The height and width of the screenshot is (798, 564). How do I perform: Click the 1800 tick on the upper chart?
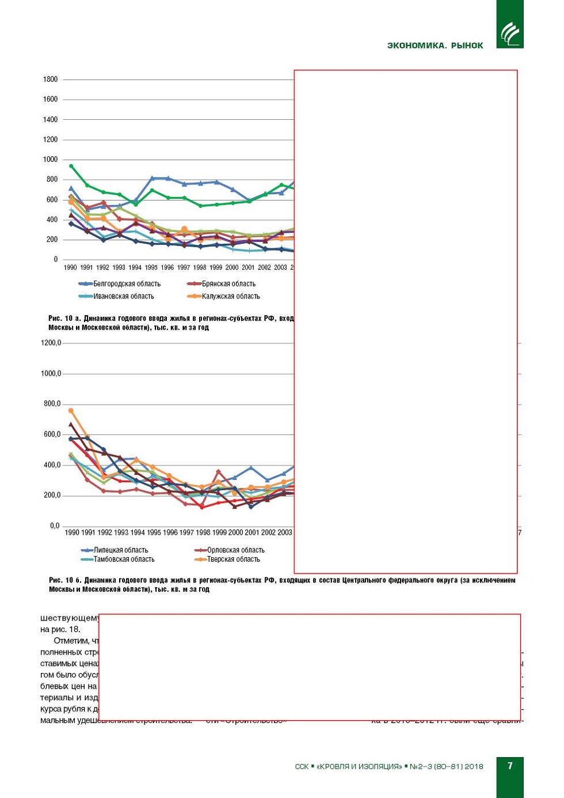[x=50, y=80]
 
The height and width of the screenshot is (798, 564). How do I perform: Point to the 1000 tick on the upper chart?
[x=50, y=160]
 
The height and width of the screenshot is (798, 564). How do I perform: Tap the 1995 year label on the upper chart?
[x=151, y=267]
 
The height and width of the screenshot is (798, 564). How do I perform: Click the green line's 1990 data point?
[x=71, y=166]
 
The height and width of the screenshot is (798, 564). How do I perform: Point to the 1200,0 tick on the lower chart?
[x=51, y=343]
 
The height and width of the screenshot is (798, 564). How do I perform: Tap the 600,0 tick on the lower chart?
[x=52, y=434]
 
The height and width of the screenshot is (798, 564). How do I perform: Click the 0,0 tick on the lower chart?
[x=55, y=525]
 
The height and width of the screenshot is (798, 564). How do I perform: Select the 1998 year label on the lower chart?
[x=203, y=532]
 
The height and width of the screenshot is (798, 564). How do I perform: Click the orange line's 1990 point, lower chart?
[x=71, y=411]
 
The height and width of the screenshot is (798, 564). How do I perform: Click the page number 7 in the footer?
[x=510, y=766]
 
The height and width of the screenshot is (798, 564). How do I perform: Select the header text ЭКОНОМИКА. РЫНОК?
[x=435, y=46]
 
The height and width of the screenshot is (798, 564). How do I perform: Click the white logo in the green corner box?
[x=510, y=33]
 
